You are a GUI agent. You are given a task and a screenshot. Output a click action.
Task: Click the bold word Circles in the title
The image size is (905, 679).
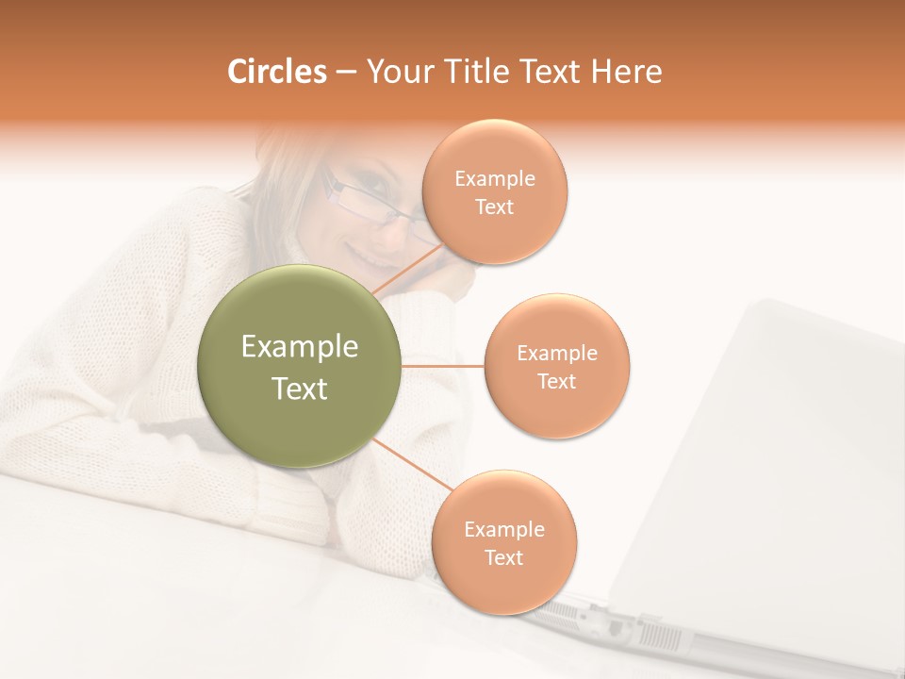[x=277, y=72]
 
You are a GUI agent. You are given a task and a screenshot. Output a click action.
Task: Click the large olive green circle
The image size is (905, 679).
[x=299, y=366]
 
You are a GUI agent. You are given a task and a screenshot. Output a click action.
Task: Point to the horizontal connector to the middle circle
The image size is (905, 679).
[x=442, y=366]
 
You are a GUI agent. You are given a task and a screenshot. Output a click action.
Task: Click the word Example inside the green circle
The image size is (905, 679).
[x=299, y=347]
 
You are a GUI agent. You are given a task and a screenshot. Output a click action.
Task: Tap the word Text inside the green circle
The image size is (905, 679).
[x=299, y=389]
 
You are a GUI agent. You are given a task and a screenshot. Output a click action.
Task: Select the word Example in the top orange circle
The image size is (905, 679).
[x=494, y=179]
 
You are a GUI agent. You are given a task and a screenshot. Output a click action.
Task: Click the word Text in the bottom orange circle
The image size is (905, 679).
[x=503, y=558]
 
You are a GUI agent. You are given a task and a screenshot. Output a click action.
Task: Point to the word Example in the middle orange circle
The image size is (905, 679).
[x=557, y=354]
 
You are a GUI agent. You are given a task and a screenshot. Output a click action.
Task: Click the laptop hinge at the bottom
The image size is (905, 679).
[x=603, y=618]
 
